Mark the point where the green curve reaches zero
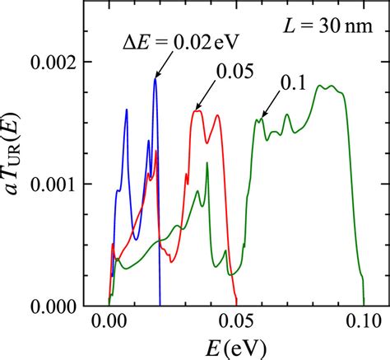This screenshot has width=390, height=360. pyautogui.click(x=363, y=306)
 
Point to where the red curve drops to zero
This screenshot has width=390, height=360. pyautogui.click(x=236, y=306)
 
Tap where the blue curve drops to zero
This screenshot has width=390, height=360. pyautogui.click(x=160, y=306)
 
